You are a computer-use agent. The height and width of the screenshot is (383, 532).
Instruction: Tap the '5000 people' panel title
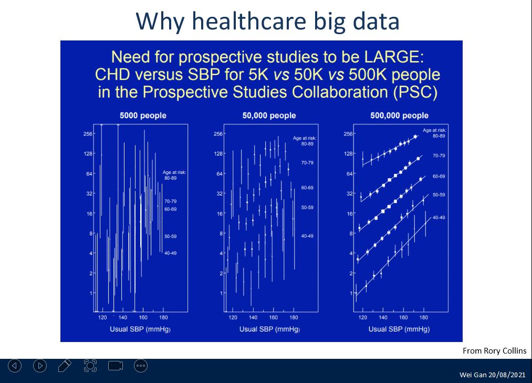(x=143, y=116)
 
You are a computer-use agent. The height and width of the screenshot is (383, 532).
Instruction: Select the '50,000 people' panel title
(x=269, y=116)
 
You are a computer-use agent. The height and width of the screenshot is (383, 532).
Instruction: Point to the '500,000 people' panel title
(x=399, y=116)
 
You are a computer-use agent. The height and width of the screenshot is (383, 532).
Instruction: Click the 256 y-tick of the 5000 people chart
(x=88, y=134)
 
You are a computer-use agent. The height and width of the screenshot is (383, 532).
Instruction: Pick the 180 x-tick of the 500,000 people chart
(x=423, y=317)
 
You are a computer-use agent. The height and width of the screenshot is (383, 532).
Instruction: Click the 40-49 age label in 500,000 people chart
(x=439, y=218)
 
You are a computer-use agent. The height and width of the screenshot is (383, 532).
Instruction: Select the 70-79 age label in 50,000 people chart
(x=307, y=163)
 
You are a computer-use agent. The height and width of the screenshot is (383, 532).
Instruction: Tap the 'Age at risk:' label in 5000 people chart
(x=174, y=172)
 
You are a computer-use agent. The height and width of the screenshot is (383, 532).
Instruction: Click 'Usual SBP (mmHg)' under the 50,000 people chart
(x=270, y=329)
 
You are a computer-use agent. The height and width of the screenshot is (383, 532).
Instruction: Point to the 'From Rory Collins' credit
(x=494, y=351)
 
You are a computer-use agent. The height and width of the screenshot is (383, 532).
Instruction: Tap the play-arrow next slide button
(x=40, y=366)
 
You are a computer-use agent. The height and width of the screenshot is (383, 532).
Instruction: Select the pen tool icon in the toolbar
(x=65, y=366)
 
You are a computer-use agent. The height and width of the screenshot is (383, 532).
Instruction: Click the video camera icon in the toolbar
(x=116, y=366)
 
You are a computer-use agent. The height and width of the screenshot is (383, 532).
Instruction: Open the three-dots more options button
(x=141, y=366)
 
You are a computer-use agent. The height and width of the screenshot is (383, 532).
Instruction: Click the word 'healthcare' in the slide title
(x=249, y=21)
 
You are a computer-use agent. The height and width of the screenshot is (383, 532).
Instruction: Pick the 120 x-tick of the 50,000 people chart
(x=233, y=317)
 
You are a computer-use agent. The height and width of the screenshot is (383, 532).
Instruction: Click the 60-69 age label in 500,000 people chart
(x=439, y=176)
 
